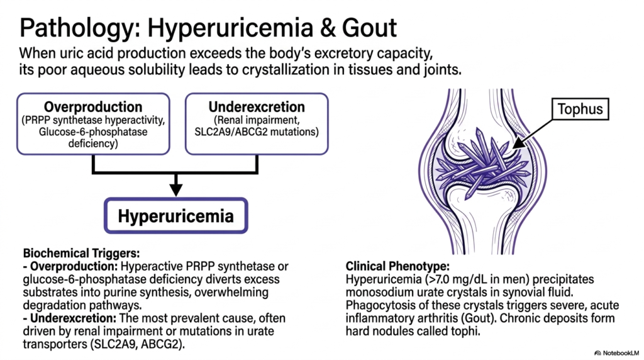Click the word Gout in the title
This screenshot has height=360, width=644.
(x=369, y=28)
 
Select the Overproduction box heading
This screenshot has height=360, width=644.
(x=93, y=107)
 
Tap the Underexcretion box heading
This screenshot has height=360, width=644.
(x=257, y=107)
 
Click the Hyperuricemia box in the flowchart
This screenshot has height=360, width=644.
(x=176, y=216)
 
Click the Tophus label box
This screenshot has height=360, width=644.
(x=580, y=109)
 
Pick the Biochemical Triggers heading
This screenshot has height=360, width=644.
(x=81, y=253)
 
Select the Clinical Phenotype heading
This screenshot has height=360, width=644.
(x=397, y=266)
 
